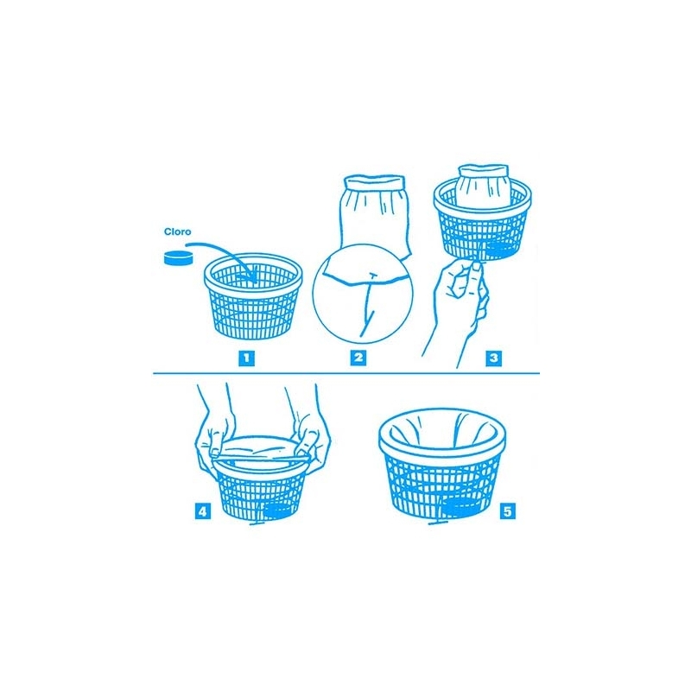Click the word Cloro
178,231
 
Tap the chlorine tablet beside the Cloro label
178,257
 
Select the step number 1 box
246,358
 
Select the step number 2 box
358,357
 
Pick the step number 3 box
493,358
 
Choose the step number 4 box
203,511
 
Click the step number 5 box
508,511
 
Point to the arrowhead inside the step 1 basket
252,276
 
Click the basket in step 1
253,296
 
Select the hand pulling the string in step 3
459,308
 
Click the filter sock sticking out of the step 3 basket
483,187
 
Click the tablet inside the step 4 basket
277,511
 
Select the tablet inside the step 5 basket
461,507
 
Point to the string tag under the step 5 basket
438,523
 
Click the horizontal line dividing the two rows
346,373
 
